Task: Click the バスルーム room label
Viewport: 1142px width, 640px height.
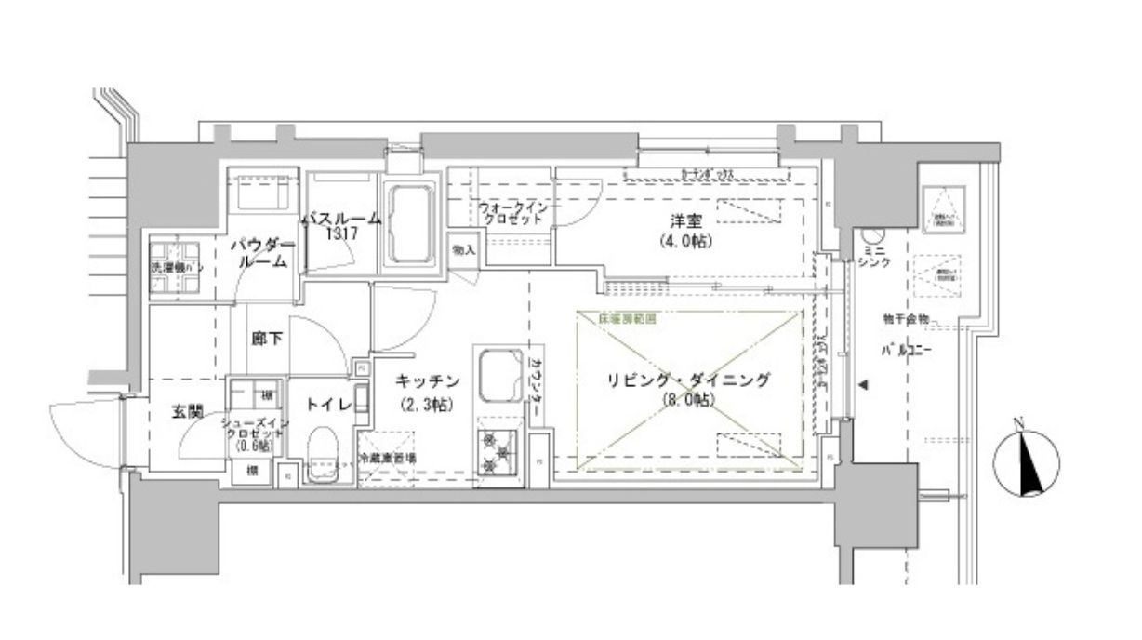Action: (340, 220)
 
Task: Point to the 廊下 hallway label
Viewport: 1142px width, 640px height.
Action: (267, 340)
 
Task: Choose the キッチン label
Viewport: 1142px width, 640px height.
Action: (428, 380)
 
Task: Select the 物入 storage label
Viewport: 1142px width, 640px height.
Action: (463, 249)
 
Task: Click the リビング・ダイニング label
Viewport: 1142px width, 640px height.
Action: (688, 380)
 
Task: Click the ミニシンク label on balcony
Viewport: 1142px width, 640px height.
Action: (873, 258)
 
